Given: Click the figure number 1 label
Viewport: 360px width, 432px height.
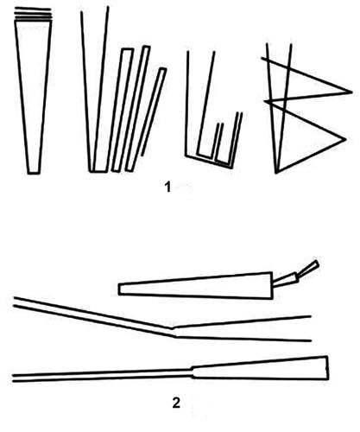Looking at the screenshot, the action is (167, 187).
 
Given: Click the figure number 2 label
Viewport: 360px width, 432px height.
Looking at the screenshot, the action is (176, 403).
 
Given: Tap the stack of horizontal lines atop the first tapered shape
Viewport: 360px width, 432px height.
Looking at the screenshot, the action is (33, 14).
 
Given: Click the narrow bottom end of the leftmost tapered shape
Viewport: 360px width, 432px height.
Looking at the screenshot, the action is (34, 173).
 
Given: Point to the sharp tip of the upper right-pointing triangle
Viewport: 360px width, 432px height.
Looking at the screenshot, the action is (352, 92).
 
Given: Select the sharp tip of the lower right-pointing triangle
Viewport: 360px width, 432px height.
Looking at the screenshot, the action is (345, 140).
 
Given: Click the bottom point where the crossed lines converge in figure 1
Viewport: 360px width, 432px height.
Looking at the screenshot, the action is (276, 173).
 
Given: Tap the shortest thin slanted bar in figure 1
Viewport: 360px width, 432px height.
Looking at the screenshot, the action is (154, 112).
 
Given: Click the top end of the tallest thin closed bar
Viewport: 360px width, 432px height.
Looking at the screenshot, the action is (147, 48).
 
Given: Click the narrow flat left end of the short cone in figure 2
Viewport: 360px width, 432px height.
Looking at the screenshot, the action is (119, 289).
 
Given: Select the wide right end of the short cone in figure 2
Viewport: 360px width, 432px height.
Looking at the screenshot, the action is (272, 285).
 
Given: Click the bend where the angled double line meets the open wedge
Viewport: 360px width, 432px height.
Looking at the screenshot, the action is (174, 332).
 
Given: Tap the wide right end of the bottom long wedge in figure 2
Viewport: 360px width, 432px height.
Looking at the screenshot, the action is (327, 368).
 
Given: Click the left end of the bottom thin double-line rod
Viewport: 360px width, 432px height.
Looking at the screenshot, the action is (13, 378).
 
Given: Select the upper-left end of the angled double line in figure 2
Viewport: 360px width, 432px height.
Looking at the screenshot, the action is (15, 302).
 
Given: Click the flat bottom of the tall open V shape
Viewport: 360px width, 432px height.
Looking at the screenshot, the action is (99, 171).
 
